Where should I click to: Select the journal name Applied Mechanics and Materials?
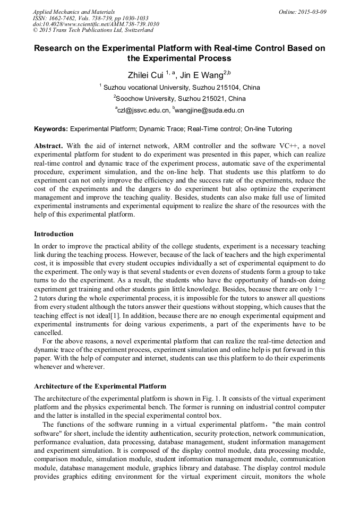pos(73,12)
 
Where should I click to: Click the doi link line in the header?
pos(96,24)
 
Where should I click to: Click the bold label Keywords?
pos(51,129)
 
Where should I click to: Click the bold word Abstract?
pos(48,145)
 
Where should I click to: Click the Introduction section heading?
pos(54,234)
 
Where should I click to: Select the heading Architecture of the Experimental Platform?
pos(100,386)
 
